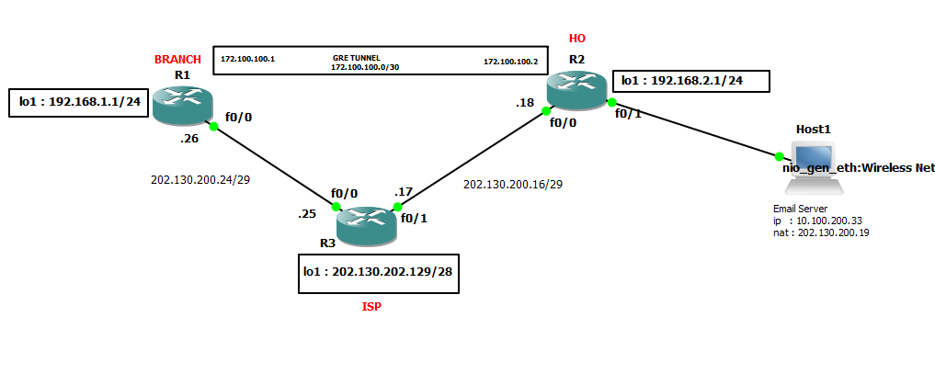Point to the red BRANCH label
coord(177,60)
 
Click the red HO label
coord(576,39)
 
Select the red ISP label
coord(371,307)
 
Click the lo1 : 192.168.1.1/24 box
coord(79,102)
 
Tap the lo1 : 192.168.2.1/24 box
coord(690,81)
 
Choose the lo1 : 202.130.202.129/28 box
coord(379,274)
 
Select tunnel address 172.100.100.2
coord(510,62)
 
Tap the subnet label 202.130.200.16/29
coord(513,185)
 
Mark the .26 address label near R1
coord(191,141)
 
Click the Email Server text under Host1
coord(800,210)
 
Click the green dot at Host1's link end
coord(779,157)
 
